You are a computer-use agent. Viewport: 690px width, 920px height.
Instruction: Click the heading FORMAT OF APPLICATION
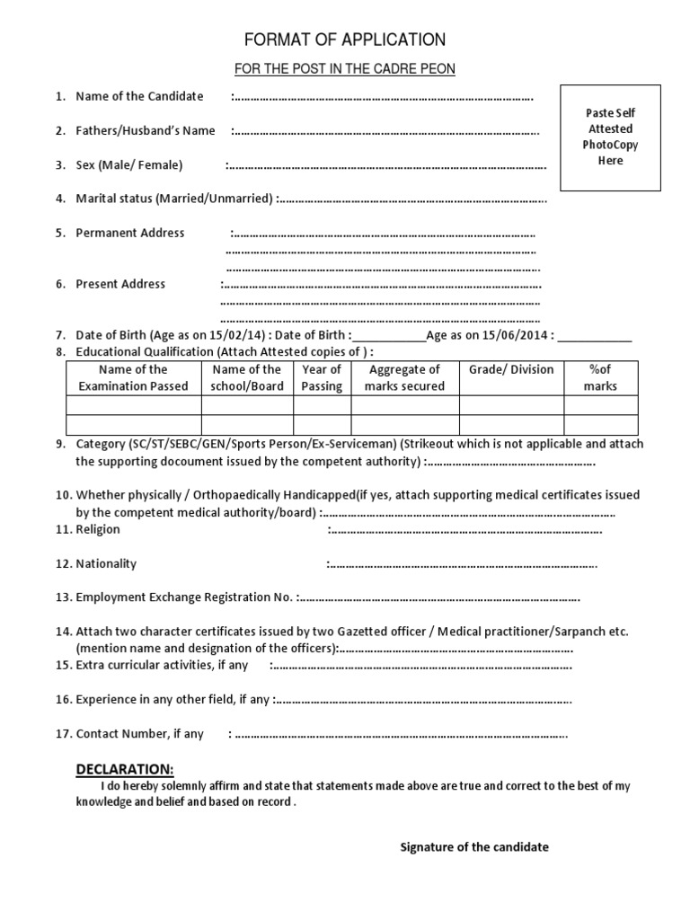(x=345, y=40)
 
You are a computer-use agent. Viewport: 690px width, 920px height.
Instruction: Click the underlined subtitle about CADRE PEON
(x=345, y=69)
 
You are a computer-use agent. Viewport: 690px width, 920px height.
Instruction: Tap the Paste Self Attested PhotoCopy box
(x=610, y=137)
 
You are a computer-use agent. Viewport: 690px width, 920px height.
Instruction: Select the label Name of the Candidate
(x=139, y=96)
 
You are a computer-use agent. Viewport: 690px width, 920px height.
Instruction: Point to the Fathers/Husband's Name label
(x=146, y=131)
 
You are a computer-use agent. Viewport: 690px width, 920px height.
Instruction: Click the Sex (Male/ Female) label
(x=129, y=165)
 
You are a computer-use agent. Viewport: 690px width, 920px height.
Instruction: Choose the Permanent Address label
(x=130, y=233)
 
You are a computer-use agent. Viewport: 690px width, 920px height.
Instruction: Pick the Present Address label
(x=120, y=284)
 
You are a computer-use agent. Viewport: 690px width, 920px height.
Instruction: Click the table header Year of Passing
(x=322, y=377)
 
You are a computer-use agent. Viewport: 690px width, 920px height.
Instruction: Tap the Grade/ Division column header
(x=511, y=369)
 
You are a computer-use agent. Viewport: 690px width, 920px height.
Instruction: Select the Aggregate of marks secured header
(x=404, y=377)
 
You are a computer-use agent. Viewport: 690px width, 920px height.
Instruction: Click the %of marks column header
(x=600, y=377)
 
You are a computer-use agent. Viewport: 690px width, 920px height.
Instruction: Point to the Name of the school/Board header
(x=247, y=377)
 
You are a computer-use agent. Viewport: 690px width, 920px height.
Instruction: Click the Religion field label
(x=98, y=529)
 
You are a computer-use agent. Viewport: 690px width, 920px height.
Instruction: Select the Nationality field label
(x=106, y=563)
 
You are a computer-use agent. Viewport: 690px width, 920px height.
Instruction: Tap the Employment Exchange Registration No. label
(x=184, y=597)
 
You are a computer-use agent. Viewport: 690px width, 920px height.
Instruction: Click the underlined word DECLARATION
(x=125, y=769)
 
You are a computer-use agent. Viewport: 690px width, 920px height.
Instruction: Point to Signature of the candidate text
(x=474, y=847)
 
